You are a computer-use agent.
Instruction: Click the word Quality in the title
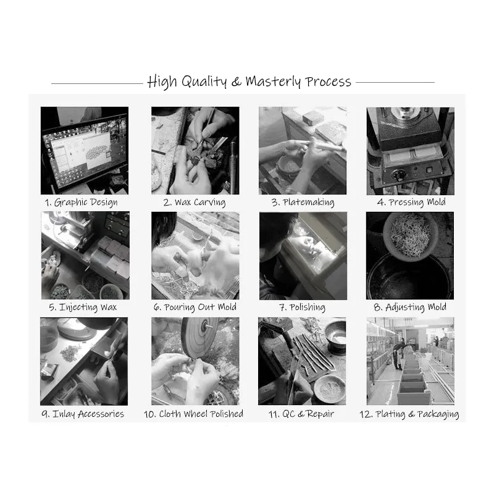[x=204, y=82]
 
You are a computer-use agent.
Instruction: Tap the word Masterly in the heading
[x=273, y=82]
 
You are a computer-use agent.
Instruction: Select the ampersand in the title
[x=237, y=82]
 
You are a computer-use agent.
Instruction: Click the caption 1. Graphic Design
[x=82, y=203]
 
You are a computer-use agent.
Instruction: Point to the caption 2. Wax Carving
[x=195, y=203]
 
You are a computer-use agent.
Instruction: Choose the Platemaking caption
[x=303, y=203]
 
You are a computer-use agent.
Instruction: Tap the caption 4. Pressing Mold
[x=411, y=203]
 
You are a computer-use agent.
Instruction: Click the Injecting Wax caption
[x=83, y=307]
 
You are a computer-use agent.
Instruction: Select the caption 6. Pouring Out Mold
[x=195, y=307]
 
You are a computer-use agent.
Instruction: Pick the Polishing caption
[x=303, y=307]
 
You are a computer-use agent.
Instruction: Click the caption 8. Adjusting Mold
[x=410, y=307]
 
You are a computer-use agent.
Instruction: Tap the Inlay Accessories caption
[x=83, y=414]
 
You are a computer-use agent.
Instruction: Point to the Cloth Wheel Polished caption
[x=193, y=414]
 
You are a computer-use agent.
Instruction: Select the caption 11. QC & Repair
[x=301, y=414]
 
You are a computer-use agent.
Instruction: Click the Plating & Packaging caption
[x=409, y=414]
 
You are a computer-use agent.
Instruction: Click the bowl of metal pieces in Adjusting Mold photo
[x=410, y=235]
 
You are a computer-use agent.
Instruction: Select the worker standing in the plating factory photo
[x=397, y=356]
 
